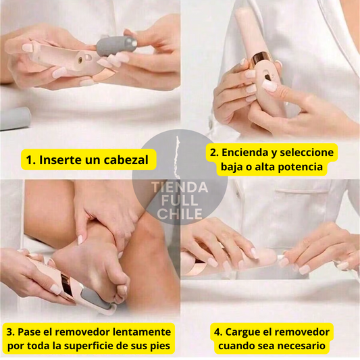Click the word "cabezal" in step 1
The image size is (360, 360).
pos(126,160)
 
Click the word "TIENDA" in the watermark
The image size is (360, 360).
pos(180,188)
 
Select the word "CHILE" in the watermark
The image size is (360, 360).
pos(180,214)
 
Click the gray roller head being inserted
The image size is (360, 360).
pos(117,46)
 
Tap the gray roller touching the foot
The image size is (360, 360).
pos(95,298)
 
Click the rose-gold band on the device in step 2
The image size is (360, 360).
pos(261,59)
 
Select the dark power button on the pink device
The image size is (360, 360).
pos(267,78)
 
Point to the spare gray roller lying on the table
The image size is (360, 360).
pos(15,119)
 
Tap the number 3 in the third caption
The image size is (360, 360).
pos(10,332)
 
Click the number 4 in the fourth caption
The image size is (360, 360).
pos(217,332)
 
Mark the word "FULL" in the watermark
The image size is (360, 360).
pos(180,201)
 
